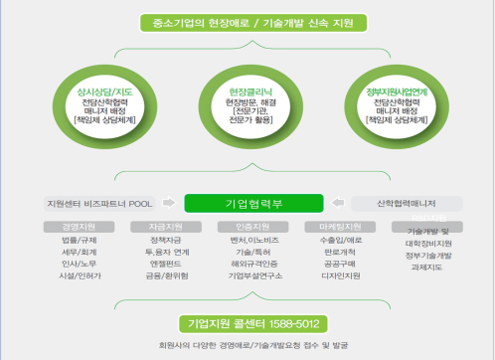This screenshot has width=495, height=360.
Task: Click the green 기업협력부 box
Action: [x=247, y=203]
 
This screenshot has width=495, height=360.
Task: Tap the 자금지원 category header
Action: [x=158, y=227]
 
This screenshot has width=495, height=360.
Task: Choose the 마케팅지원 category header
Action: [x=339, y=227]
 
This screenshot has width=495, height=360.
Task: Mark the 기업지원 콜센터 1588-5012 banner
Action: [x=247, y=322]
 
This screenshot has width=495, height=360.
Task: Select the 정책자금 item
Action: [x=158, y=242]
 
